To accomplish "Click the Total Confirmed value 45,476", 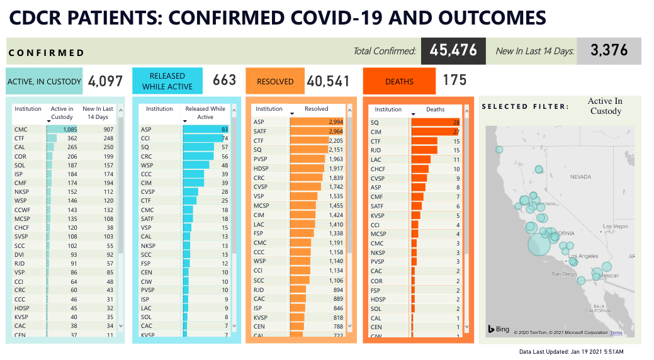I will (453, 51).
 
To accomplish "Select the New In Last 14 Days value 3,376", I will (609, 51).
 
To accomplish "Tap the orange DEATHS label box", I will (399, 81).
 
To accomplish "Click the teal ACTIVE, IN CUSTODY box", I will (44, 81).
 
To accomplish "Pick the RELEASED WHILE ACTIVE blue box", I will (167, 81).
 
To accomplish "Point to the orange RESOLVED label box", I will (275, 81).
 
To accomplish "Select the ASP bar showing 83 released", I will (205, 130).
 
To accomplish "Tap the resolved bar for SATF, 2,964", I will (309, 131).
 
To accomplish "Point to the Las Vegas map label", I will (616, 227).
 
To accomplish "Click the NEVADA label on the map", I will (580, 177).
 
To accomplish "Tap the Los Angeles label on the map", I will (584, 256).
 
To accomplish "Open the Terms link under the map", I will (616, 333).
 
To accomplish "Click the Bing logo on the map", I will (499, 329).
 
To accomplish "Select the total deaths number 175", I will (454, 80).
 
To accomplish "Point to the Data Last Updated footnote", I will (571, 351).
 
